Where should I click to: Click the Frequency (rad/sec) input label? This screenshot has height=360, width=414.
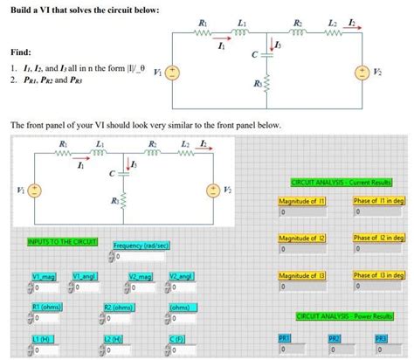[141, 246]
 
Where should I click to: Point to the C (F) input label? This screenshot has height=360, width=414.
[177, 338]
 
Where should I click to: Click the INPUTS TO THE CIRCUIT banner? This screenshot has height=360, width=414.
[62, 240]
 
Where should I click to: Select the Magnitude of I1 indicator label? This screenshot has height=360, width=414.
[302, 200]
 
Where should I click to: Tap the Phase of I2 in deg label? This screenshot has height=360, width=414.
[378, 238]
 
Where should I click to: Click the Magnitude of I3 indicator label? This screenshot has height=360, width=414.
[302, 275]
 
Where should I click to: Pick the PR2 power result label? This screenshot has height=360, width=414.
[334, 337]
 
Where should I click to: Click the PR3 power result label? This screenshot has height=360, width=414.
[381, 337]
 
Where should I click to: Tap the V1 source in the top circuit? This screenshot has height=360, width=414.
[174, 73]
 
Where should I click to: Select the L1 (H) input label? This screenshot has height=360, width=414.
[43, 338]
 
